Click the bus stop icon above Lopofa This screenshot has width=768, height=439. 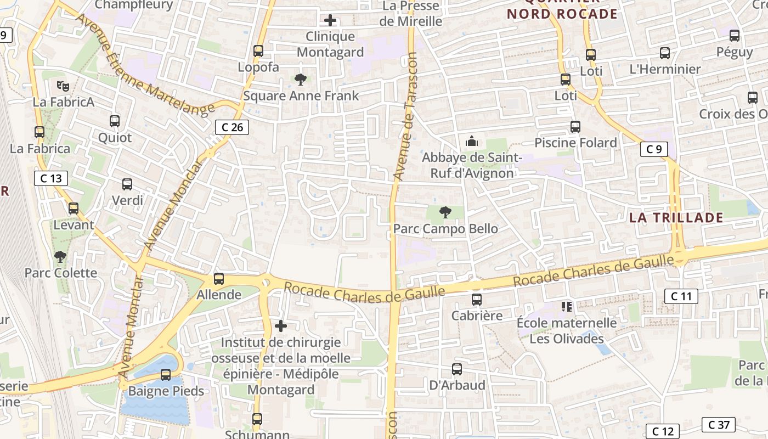click(x=258, y=51)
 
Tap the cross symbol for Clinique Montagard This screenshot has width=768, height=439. click(x=330, y=21)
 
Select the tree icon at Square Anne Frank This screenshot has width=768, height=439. click(x=300, y=80)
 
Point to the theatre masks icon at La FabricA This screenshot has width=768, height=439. click(x=63, y=86)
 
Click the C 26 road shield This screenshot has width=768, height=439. click(x=232, y=127)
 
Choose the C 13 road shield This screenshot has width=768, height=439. click(x=51, y=178)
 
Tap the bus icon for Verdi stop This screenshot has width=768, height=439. click(x=127, y=184)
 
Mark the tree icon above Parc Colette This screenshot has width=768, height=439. click(x=60, y=256)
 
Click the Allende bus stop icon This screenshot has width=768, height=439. click(x=219, y=279)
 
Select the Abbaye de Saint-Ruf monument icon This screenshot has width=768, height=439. click(x=471, y=142)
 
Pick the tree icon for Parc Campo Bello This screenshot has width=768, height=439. click(x=445, y=212)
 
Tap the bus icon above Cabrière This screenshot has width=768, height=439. click(x=477, y=300)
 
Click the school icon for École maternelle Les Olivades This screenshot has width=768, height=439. click(x=567, y=306)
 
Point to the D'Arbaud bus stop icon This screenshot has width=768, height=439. click(x=457, y=369)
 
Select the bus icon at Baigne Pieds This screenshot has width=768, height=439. click(x=166, y=375)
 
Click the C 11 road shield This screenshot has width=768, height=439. click(x=681, y=296)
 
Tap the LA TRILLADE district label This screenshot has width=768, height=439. click(x=676, y=217)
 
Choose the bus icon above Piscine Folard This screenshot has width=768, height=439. click(x=575, y=127)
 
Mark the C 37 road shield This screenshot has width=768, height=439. click(x=718, y=424)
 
